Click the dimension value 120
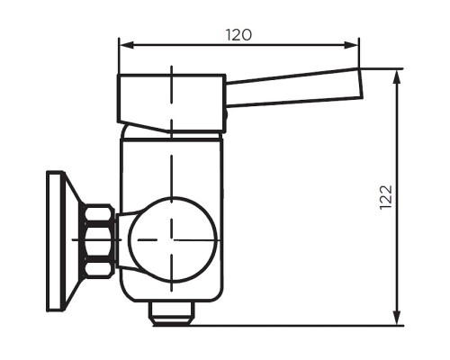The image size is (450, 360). tap(238, 35)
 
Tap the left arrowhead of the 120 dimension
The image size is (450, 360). tap(124, 44)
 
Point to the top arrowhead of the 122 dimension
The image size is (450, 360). tap(397, 73)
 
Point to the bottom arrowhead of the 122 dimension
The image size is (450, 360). tap(397, 319)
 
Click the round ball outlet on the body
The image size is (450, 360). tap(173, 238)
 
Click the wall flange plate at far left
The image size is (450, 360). tap(57, 240)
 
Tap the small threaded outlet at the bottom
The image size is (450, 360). tap(172, 312)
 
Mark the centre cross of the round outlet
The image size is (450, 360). tap(172, 239)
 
